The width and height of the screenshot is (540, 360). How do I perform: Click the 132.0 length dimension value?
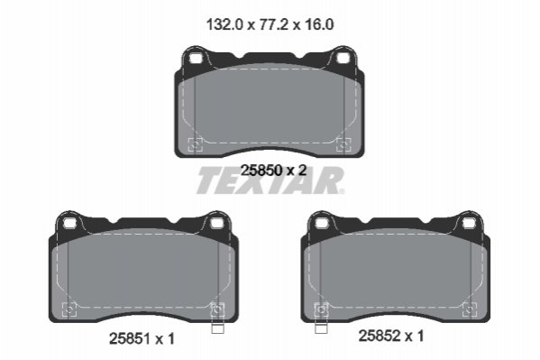pyautogui.click(x=224, y=25)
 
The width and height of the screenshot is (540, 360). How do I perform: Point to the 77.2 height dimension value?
pyautogui.click(x=273, y=25)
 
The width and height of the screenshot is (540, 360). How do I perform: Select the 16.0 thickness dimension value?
pyautogui.click(x=319, y=25)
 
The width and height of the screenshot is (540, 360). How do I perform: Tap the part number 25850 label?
pyautogui.click(x=261, y=170)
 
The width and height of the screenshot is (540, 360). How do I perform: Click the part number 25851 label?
pyautogui.click(x=130, y=338)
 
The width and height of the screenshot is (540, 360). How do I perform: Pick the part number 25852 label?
pyautogui.click(x=380, y=336)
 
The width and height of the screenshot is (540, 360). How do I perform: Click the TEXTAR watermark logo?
pyautogui.click(x=270, y=180)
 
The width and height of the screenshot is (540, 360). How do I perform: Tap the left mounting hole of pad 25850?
pyautogui.click(x=195, y=59)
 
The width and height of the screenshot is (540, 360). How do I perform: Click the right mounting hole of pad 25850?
pyautogui.click(x=343, y=59)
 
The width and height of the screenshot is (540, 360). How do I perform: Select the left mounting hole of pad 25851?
pyautogui.click(x=69, y=224)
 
